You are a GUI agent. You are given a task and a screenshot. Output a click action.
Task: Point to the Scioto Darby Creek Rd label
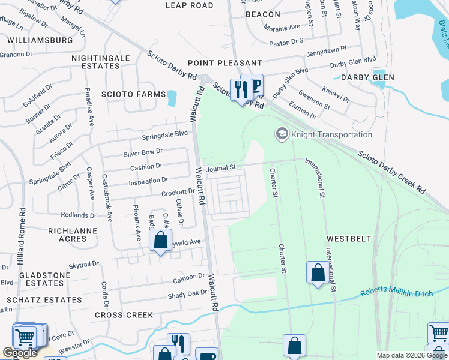click(392, 171)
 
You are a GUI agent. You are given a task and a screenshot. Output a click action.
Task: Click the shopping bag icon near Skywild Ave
click(160, 241)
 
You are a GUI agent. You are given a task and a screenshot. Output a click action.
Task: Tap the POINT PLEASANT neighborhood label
click(224, 63)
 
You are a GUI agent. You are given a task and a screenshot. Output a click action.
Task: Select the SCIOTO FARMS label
click(133, 95)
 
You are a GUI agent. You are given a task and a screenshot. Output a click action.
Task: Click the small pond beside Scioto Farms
click(172, 97)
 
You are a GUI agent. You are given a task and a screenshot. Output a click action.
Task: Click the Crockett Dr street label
click(178, 193)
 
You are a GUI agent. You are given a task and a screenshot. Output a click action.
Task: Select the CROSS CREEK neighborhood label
click(124, 315)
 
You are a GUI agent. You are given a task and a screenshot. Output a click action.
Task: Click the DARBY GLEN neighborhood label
click(367, 77)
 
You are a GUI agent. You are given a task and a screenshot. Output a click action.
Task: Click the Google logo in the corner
click(20, 353)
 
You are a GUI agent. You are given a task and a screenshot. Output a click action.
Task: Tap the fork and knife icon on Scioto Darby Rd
click(241, 90)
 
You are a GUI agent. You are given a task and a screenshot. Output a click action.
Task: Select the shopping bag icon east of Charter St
click(318, 273)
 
